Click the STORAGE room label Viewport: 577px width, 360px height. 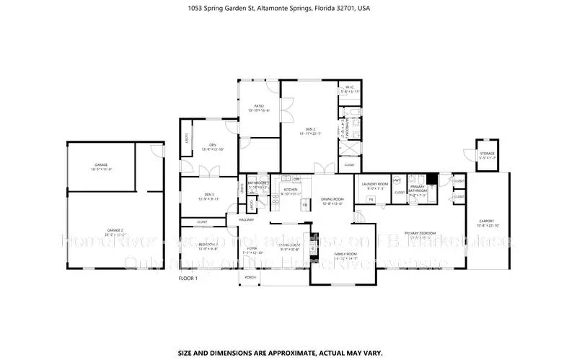488,153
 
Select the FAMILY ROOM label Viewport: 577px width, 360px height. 345,254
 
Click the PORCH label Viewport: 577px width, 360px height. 250,277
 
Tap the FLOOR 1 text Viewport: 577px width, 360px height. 189,277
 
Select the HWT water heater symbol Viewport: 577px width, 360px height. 397,180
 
